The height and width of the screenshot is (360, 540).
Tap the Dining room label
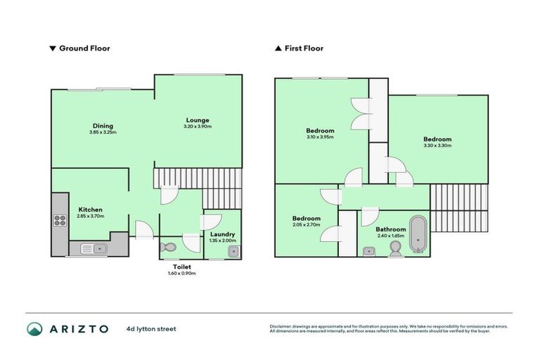(103, 126)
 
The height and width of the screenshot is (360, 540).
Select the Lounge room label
(198, 120)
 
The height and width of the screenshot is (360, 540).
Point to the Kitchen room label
(91, 210)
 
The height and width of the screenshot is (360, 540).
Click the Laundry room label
(222, 234)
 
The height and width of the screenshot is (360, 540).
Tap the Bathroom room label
(390, 229)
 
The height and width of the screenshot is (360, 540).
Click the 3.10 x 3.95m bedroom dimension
(320, 137)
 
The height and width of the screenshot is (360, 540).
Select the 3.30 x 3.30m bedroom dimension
(437, 146)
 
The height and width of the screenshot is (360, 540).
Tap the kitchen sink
(92, 247)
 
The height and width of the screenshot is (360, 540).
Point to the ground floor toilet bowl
(167, 248)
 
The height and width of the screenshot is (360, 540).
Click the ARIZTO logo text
(78, 328)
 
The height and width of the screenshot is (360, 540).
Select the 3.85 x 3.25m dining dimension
(103, 132)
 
